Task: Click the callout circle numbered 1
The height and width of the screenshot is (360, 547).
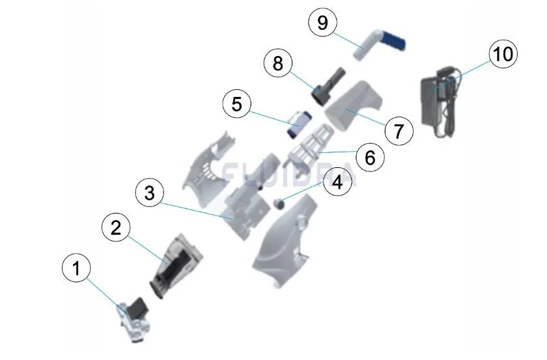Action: coord(76,268)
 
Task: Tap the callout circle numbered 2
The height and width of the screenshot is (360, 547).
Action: coord(116,228)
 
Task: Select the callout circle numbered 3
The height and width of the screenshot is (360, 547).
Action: coord(150,193)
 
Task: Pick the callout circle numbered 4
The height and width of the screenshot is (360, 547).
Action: coord(337,182)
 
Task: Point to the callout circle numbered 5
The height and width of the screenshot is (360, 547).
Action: coord(237,104)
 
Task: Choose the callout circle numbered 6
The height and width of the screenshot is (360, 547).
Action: coord(370,158)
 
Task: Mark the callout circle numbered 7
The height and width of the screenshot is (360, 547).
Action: coord(399,131)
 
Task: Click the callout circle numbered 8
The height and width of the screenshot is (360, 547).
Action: coord(278,64)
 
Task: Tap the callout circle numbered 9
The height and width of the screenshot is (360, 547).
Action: coord(323,23)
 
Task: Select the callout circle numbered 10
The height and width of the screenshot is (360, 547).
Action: coord(503,54)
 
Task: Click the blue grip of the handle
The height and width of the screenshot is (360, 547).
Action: coord(395,40)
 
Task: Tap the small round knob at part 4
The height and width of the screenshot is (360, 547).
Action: coord(279,203)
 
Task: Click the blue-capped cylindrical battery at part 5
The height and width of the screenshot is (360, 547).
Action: coord(299,124)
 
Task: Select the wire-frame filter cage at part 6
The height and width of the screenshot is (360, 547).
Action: coord(309,145)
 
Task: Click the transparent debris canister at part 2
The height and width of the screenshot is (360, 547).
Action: coord(175,266)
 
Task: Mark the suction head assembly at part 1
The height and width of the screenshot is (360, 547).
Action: coord(134,319)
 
